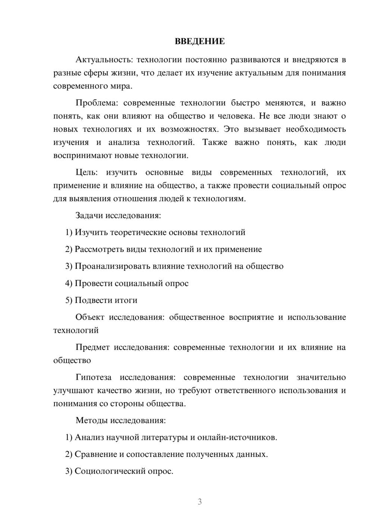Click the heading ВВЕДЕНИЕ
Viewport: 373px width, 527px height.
(x=200, y=41)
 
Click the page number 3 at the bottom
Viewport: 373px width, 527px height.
(x=200, y=502)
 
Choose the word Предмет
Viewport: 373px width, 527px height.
(x=93, y=347)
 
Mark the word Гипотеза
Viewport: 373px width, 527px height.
(x=93, y=378)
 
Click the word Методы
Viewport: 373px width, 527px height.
(x=91, y=420)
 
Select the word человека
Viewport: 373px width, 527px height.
(x=235, y=116)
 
